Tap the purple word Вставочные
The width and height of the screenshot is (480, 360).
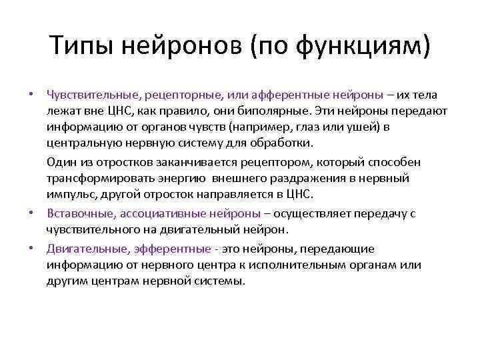click(x=77, y=213)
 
